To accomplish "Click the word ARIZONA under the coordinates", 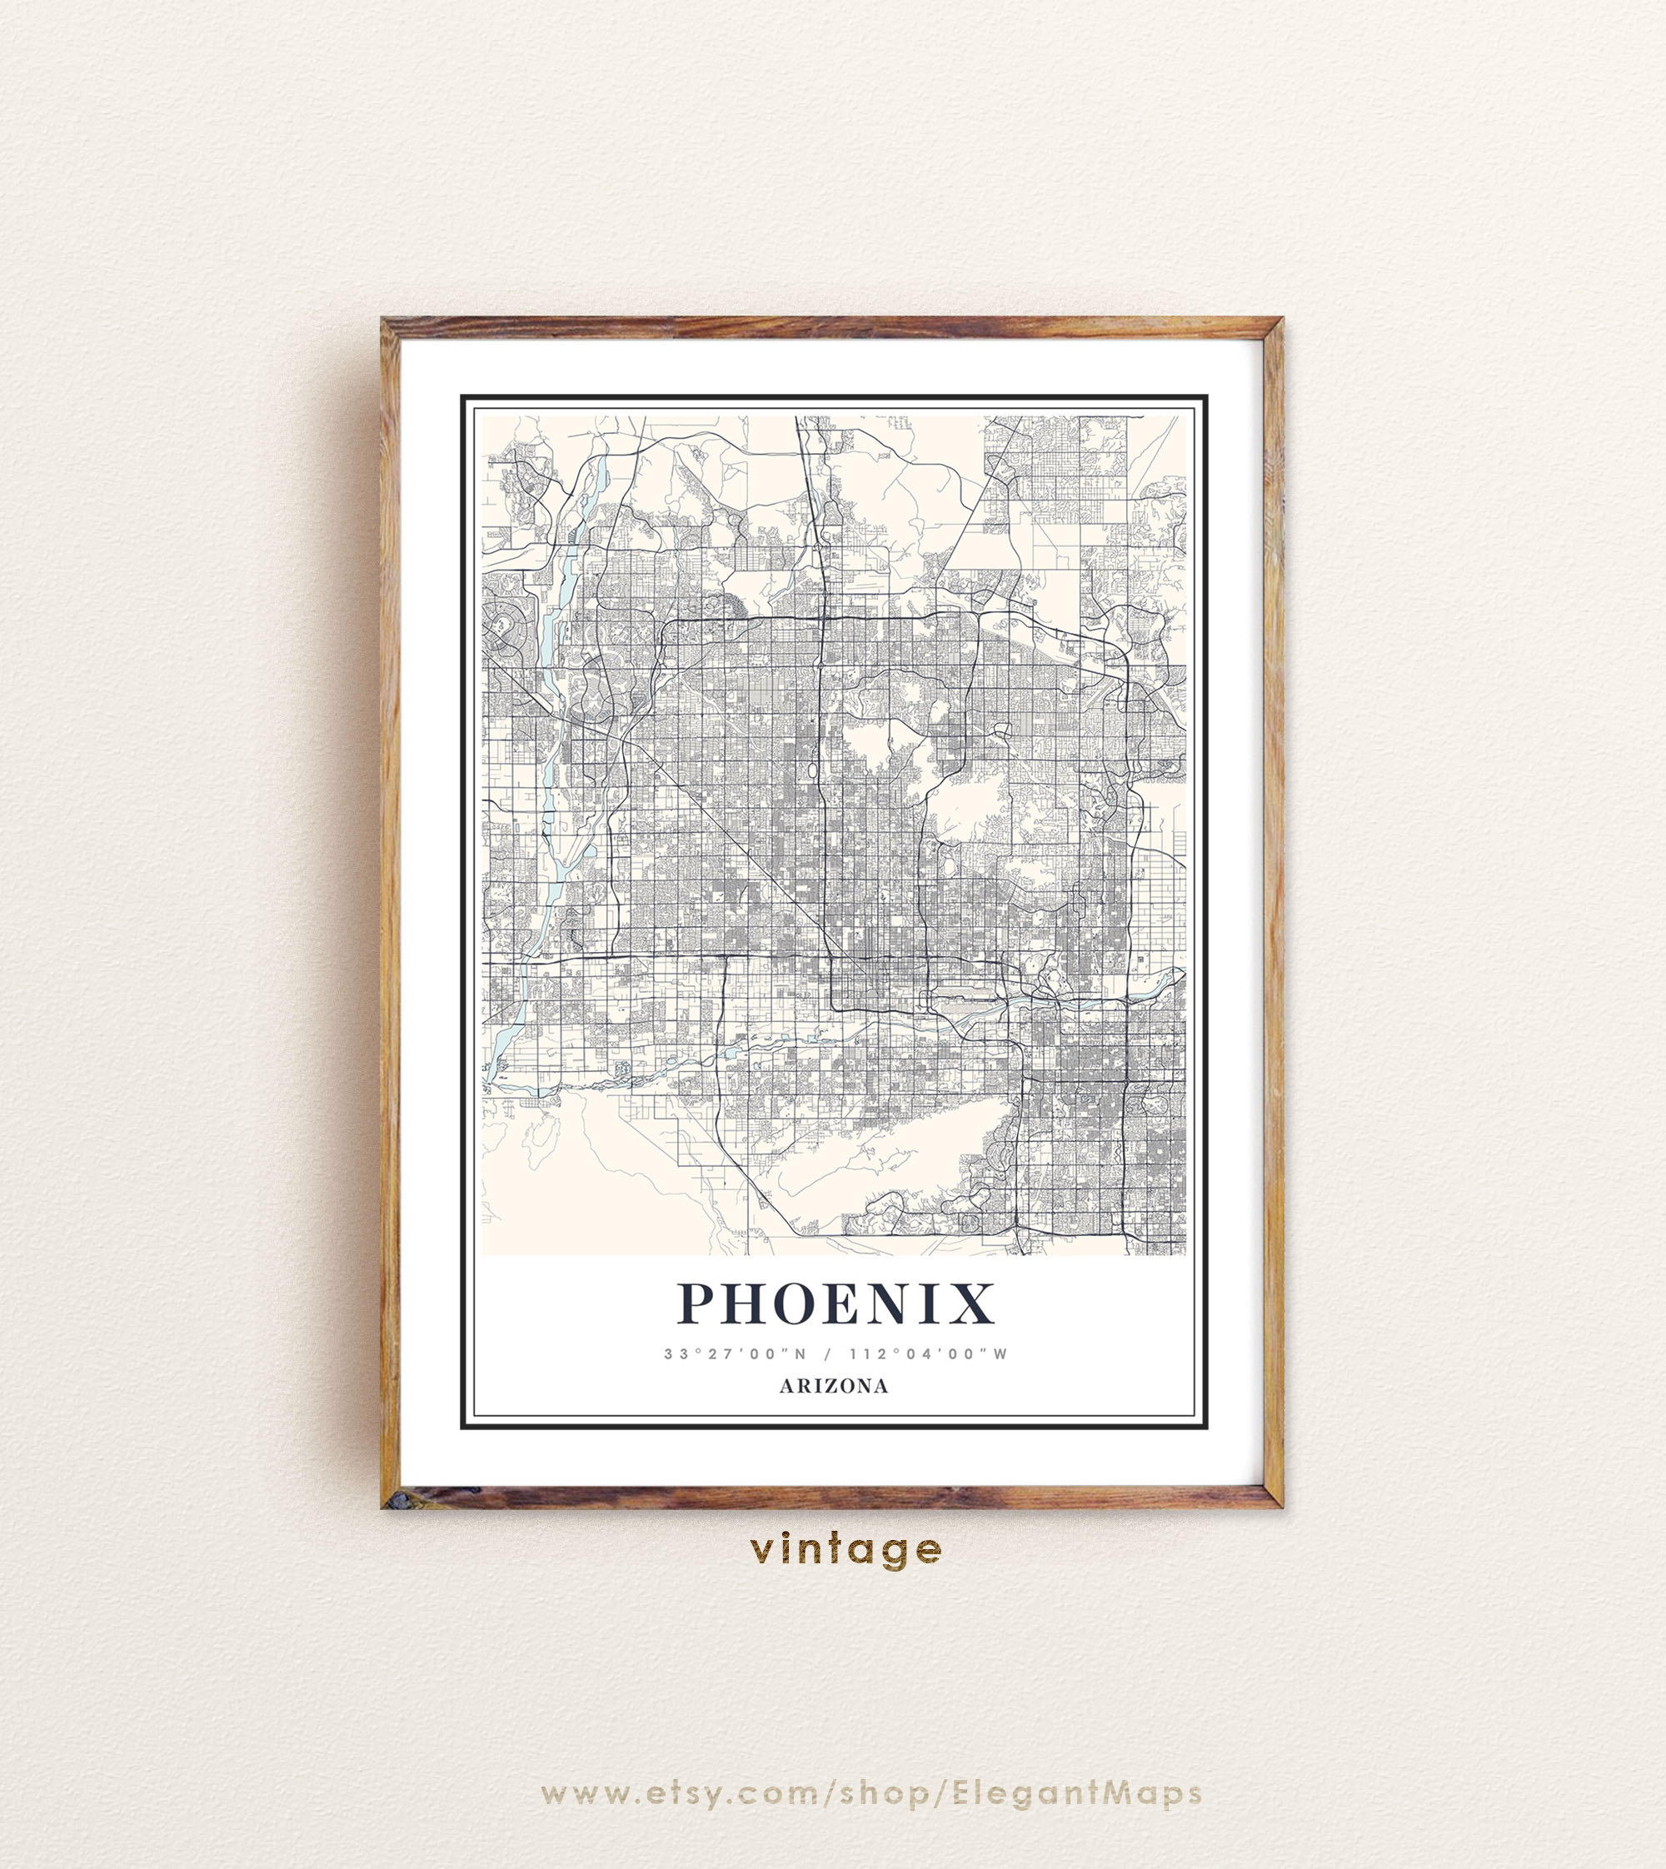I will tap(833, 1386).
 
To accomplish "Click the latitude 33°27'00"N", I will tap(735, 1353).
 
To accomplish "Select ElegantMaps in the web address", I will tap(1076, 1793).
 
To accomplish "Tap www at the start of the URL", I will tap(582, 1793).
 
